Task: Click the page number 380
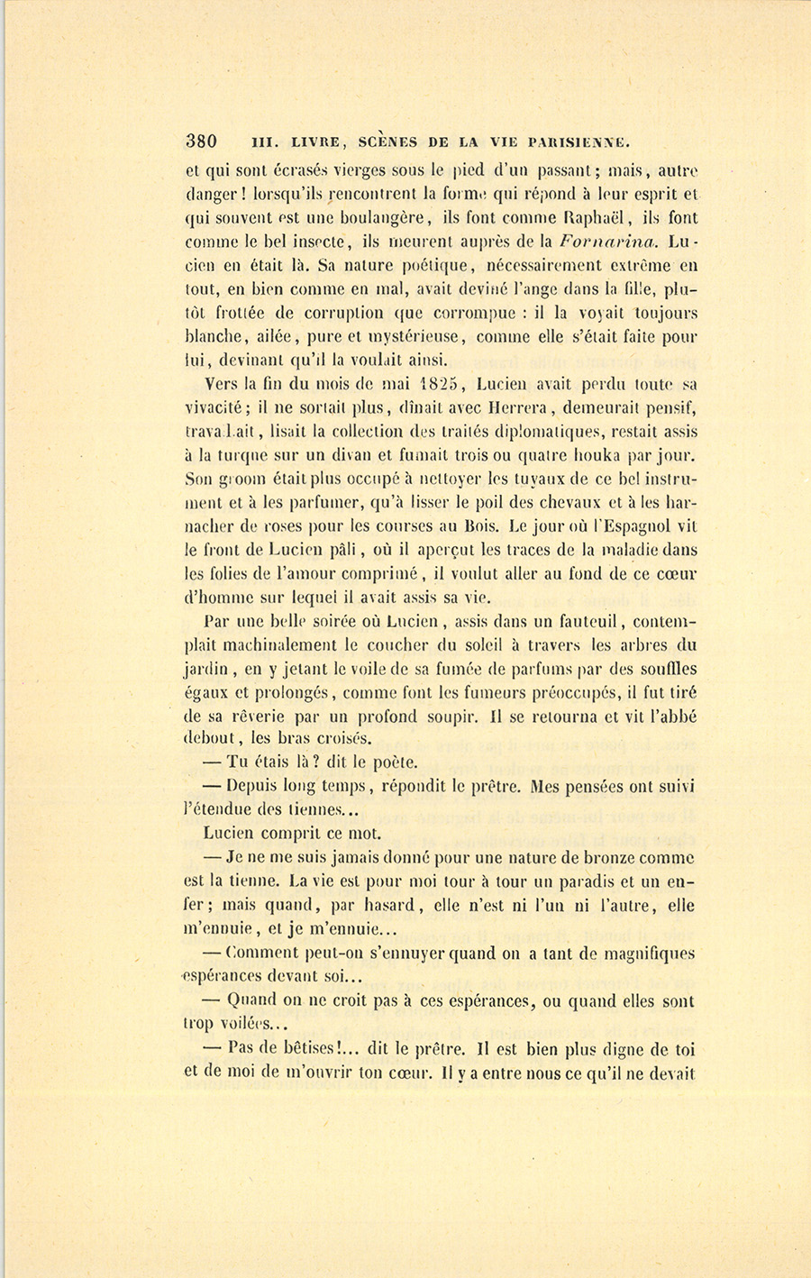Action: coord(201,141)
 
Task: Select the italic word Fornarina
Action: coord(608,242)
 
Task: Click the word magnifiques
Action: coord(643,954)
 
